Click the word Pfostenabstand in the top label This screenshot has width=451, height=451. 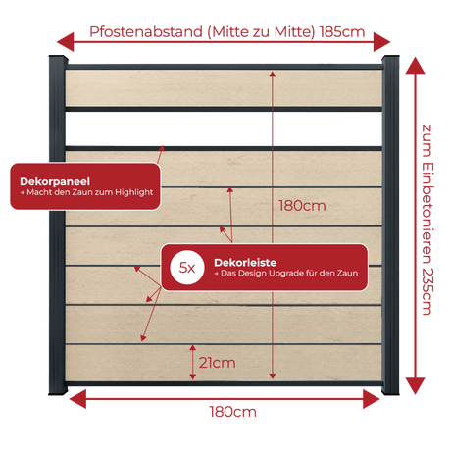coord(146,32)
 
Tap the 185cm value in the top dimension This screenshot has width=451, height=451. coord(342,32)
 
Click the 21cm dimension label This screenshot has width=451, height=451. coord(217,363)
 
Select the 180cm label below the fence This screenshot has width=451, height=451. coord(232,412)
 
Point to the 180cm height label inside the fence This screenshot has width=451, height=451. coord(302,206)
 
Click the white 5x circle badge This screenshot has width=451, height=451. coord(187,268)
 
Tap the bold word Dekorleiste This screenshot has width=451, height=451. coord(245,263)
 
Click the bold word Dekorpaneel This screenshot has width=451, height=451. coord(55,181)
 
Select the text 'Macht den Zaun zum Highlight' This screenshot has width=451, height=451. coord(90,192)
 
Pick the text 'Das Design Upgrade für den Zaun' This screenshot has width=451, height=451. coord(289,273)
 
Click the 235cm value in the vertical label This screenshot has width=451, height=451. coord(427,291)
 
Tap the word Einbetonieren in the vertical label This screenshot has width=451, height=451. coord(427,213)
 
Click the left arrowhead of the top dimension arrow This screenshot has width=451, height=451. coord(66,42)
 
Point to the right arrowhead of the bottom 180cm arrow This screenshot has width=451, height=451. coord(372,399)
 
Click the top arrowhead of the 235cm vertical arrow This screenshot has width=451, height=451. coord(415,66)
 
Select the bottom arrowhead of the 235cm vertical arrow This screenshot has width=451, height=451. coord(415,386)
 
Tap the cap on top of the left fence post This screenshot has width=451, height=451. coord(58,59)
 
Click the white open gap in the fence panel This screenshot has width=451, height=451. coord(224,128)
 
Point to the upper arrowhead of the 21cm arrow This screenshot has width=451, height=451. coord(193,348)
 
